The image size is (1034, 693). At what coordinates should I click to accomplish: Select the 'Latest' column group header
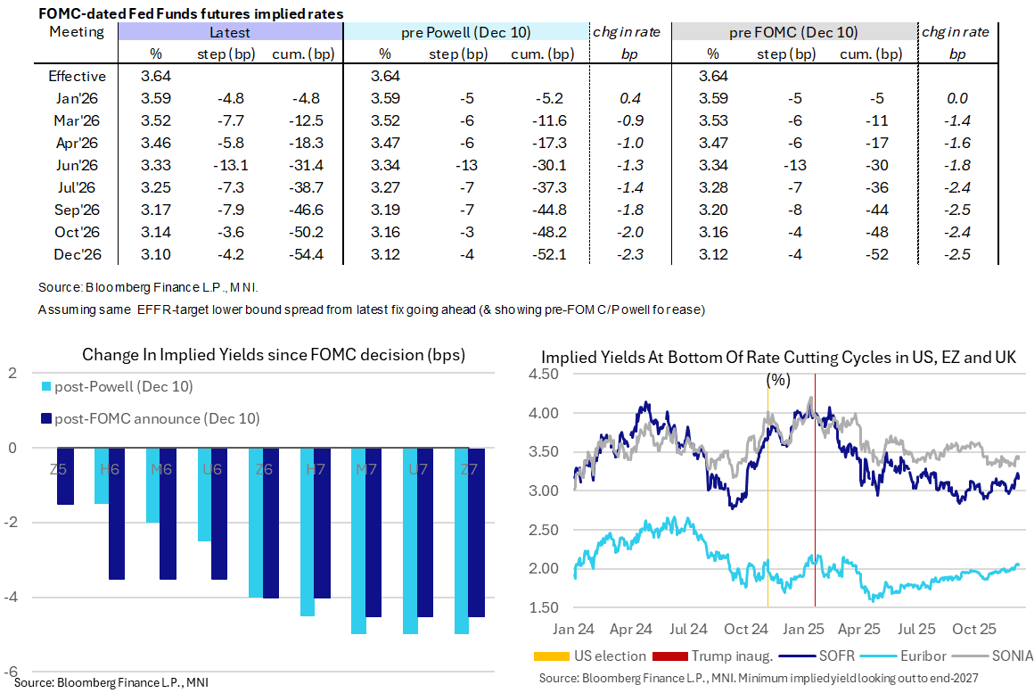[229, 32]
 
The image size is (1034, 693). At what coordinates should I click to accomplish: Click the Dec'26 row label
[77, 253]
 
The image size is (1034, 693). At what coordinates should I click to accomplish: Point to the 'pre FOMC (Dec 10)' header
[793, 32]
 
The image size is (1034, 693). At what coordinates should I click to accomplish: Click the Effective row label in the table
[77, 77]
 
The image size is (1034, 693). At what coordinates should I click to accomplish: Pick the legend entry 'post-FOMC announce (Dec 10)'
[156, 418]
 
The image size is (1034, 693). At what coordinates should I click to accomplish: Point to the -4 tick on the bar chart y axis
[13, 598]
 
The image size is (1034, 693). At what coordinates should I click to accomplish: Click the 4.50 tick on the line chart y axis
[551, 375]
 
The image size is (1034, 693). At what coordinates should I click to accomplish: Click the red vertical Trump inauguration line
[816, 499]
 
